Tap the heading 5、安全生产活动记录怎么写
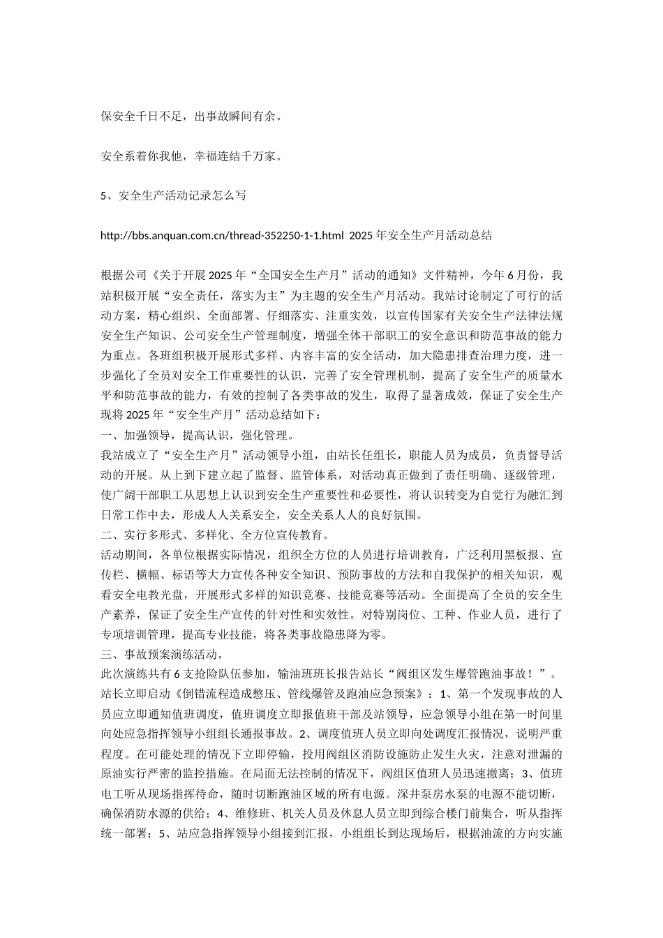pos(173,196)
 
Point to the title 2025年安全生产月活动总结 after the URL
pos(421,236)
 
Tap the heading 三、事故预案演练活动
pos(163,655)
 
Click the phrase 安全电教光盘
pos(156,595)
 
